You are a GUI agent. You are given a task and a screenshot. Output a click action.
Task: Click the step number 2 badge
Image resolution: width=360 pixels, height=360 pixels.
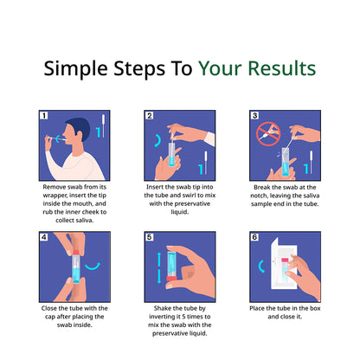pyautogui.click(x=150, y=115)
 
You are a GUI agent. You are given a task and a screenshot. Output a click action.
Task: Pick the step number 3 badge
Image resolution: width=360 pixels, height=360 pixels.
pyautogui.click(x=254, y=115)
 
